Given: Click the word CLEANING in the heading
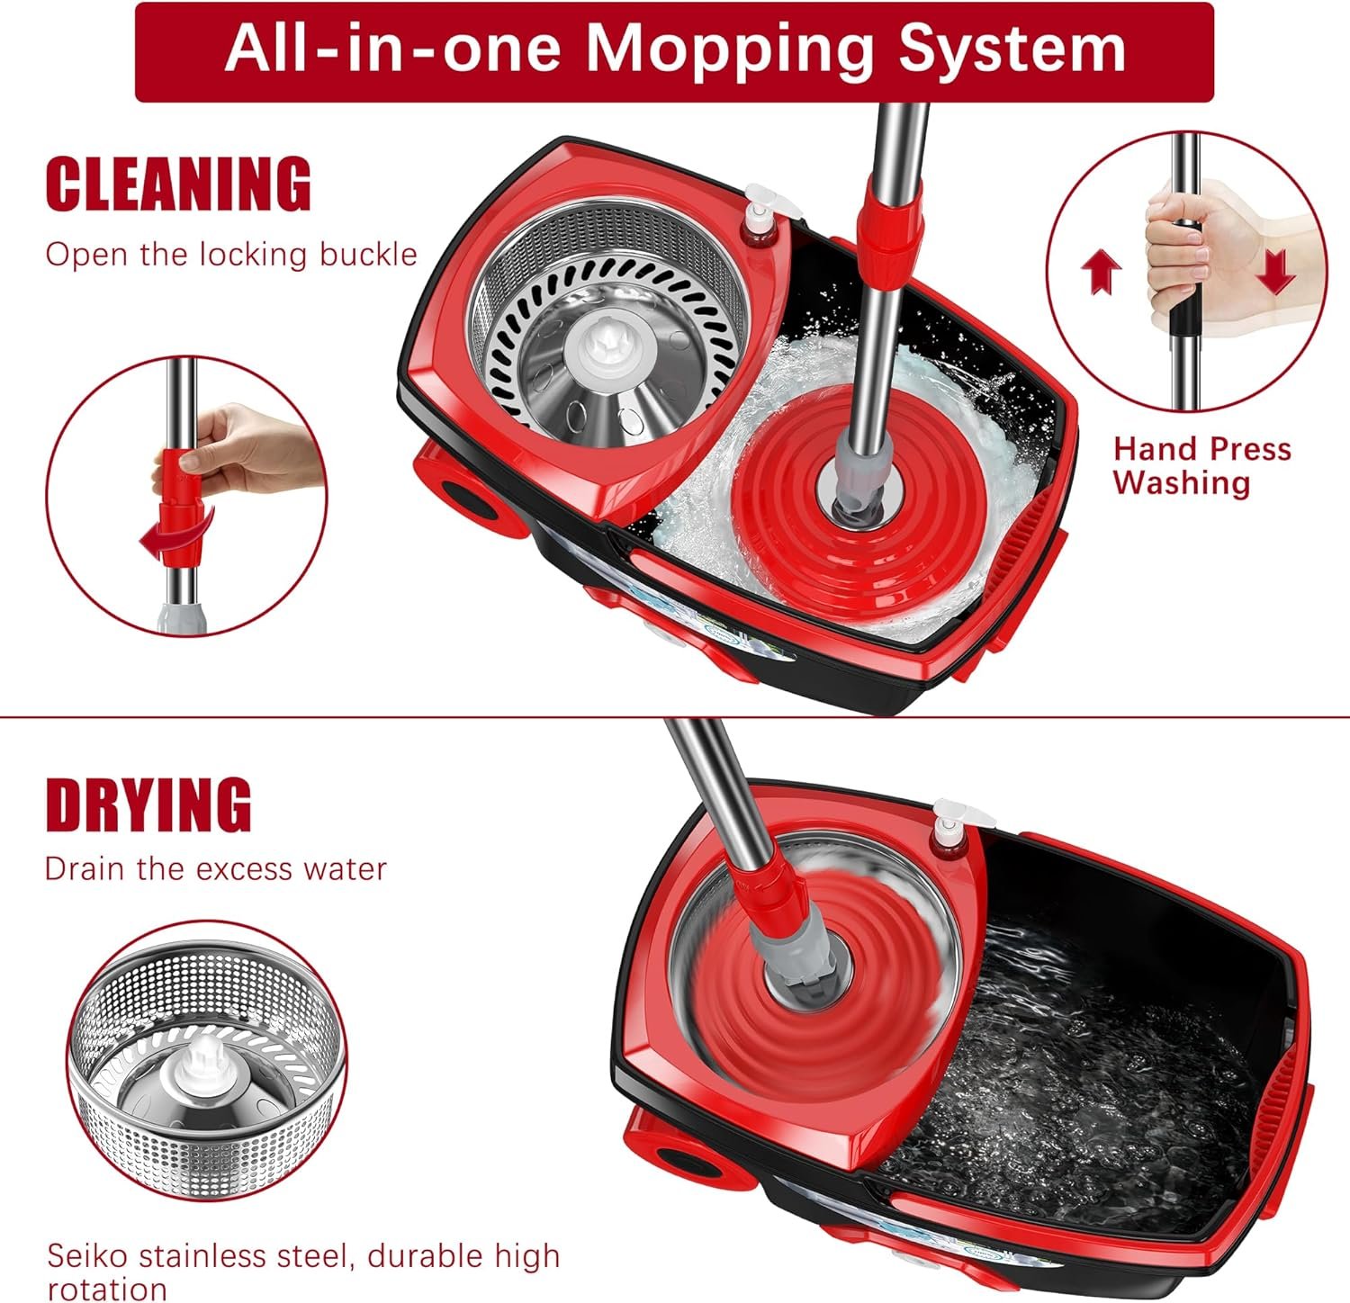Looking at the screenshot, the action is click(x=178, y=184).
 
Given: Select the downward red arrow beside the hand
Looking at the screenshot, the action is click(x=1274, y=272).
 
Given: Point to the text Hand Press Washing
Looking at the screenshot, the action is click(x=1201, y=465).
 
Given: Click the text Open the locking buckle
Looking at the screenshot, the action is click(x=231, y=255).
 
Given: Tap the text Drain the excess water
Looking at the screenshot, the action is click(x=216, y=869).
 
